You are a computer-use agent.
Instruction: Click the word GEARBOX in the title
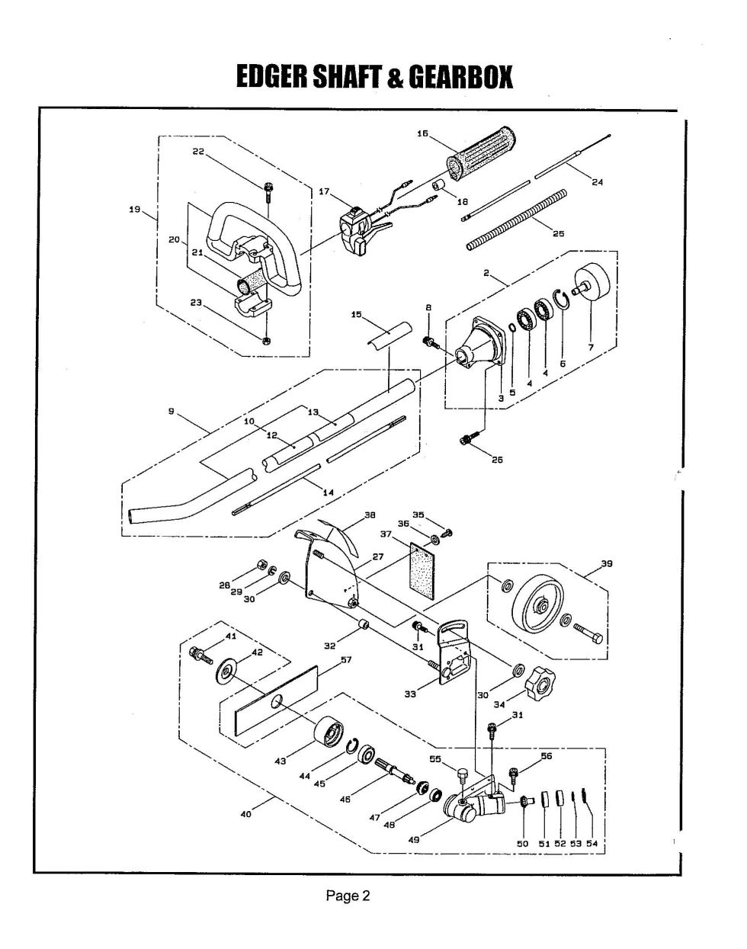point(461,77)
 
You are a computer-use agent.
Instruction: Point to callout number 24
point(597,181)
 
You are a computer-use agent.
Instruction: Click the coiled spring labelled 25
point(516,220)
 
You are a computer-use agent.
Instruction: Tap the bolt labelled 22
point(268,190)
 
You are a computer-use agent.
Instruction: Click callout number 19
point(134,209)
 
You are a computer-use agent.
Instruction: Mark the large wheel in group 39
point(539,611)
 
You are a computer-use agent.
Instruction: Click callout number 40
point(245,814)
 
